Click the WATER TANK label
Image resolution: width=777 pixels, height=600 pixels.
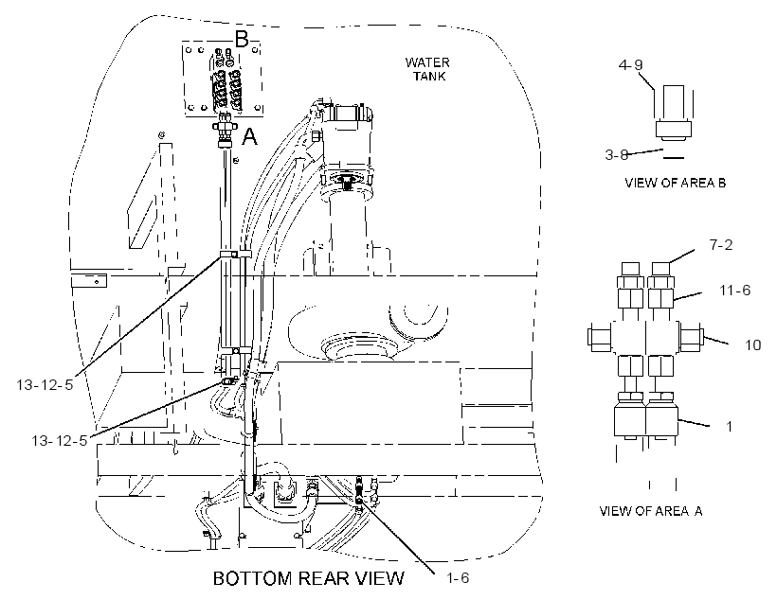(427, 69)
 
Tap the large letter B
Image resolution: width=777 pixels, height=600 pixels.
(242, 40)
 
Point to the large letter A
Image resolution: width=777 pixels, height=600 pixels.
(250, 136)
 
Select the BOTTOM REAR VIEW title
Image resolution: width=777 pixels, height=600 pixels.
(309, 578)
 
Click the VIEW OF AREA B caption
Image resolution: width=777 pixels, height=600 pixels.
(675, 183)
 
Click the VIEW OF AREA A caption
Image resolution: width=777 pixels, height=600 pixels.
(651, 511)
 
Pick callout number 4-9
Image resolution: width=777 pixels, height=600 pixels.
(630, 65)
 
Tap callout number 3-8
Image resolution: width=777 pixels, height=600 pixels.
(617, 155)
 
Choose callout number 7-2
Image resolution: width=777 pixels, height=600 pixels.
(720, 244)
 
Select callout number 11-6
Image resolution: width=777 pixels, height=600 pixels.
(735, 291)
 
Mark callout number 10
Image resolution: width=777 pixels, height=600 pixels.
(753, 344)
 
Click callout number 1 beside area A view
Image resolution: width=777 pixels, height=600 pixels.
(729, 426)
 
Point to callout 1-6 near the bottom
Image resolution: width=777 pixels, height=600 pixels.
(458, 577)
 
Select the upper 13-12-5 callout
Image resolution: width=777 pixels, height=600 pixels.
(45, 384)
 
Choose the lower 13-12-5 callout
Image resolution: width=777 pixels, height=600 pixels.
(60, 440)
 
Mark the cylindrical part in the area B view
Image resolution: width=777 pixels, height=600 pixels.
(674, 112)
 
